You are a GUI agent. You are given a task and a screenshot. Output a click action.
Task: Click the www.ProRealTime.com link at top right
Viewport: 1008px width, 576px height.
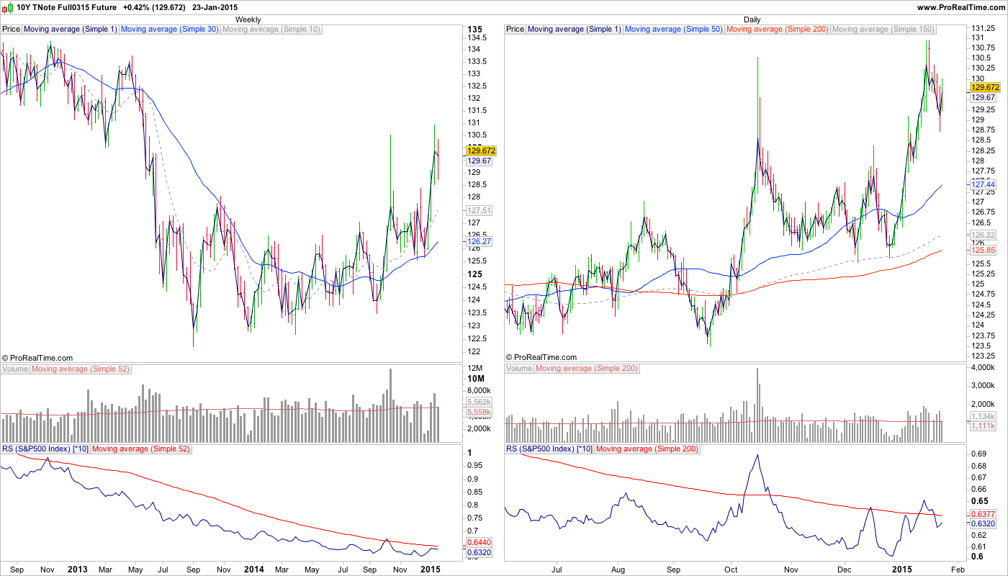point(961,7)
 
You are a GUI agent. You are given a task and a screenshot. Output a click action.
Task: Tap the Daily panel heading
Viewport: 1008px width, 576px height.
point(752,19)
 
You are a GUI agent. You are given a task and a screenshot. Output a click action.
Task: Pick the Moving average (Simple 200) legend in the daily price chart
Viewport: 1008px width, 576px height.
point(778,30)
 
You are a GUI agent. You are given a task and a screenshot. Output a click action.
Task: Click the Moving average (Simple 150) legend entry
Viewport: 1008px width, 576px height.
point(883,30)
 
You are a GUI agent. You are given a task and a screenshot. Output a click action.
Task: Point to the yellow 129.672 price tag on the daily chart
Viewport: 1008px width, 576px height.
point(983,86)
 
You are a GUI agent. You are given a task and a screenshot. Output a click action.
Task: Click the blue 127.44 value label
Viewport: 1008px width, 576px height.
point(982,184)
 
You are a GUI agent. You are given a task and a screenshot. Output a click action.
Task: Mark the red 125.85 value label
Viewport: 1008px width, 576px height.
point(982,249)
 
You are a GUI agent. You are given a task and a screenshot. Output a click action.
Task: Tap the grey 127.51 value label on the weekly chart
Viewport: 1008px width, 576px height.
point(479,210)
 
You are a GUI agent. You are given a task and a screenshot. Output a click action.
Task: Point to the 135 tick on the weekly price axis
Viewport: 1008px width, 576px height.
point(475,30)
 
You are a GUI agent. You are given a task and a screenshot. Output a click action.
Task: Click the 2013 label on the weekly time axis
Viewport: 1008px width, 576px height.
point(77,569)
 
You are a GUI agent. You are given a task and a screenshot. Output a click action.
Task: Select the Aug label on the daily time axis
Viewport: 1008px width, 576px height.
point(618,569)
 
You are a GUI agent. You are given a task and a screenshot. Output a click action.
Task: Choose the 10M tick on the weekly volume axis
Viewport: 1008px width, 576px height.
point(476,379)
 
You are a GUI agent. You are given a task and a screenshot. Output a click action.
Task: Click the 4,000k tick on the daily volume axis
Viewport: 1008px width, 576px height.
point(984,368)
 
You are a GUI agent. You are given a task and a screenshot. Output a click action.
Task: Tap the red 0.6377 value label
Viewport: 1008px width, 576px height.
point(983,514)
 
